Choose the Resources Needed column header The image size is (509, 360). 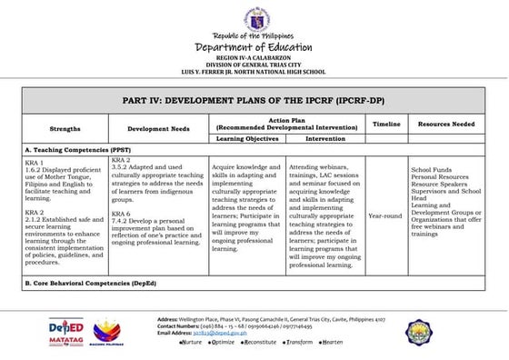(x=445, y=123)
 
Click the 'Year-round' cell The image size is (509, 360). (x=385, y=216)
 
